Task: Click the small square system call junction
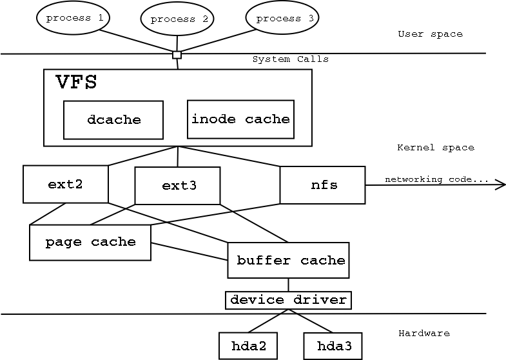tap(177, 55)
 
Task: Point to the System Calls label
tap(290, 59)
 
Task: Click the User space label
tap(430, 34)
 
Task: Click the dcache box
tap(113, 120)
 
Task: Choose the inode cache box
tap(240, 119)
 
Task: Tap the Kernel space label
tap(435, 148)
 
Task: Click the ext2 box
tap(65, 184)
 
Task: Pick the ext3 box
tap(177, 186)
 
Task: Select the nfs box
tap(322, 185)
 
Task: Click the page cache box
tap(90, 243)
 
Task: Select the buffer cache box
tap(288, 261)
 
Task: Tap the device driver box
tap(288, 300)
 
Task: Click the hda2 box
tap(248, 346)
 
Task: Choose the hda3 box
tap(333, 346)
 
